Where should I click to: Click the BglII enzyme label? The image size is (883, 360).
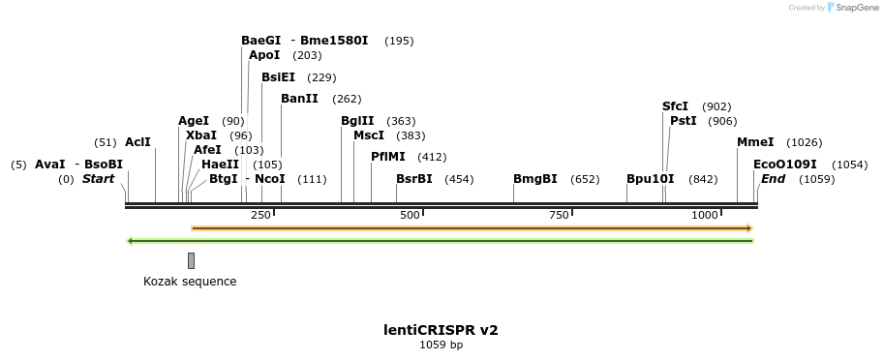(356, 121)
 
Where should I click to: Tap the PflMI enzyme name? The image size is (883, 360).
(388, 157)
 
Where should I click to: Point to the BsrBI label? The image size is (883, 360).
(414, 179)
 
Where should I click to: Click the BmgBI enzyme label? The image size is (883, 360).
(535, 179)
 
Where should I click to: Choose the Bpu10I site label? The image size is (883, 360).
(651, 179)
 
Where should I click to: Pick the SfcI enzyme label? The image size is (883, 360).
(675, 106)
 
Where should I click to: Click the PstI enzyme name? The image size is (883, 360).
(684, 121)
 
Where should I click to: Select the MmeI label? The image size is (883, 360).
(755, 142)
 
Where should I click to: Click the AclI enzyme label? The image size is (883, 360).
(137, 142)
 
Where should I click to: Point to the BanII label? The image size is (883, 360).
(299, 99)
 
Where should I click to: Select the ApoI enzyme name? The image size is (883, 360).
(264, 55)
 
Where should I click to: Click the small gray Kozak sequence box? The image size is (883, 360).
(191, 260)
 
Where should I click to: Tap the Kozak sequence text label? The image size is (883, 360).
(190, 282)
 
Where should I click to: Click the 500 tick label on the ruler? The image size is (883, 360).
(410, 215)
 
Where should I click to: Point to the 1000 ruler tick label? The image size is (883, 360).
(705, 215)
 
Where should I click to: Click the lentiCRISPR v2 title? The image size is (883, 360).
(441, 330)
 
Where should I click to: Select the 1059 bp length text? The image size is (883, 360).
(441, 345)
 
